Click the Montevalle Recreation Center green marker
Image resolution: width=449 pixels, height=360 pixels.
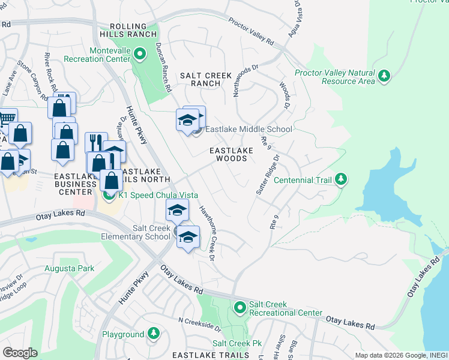point(139,55)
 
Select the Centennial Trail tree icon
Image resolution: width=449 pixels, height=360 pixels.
point(341,179)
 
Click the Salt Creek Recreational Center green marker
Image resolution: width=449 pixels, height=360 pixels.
point(240,308)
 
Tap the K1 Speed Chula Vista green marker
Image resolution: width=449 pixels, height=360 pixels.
point(109,194)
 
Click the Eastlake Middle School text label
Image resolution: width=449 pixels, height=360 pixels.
point(249,129)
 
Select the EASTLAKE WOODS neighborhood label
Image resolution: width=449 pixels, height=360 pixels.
point(228,154)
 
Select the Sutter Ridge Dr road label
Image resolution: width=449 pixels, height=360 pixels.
point(268,175)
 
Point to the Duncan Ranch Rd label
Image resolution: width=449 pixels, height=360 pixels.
point(162,70)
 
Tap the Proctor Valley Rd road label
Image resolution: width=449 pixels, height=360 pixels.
point(251,31)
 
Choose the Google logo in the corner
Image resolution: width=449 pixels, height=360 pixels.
point(20,352)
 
